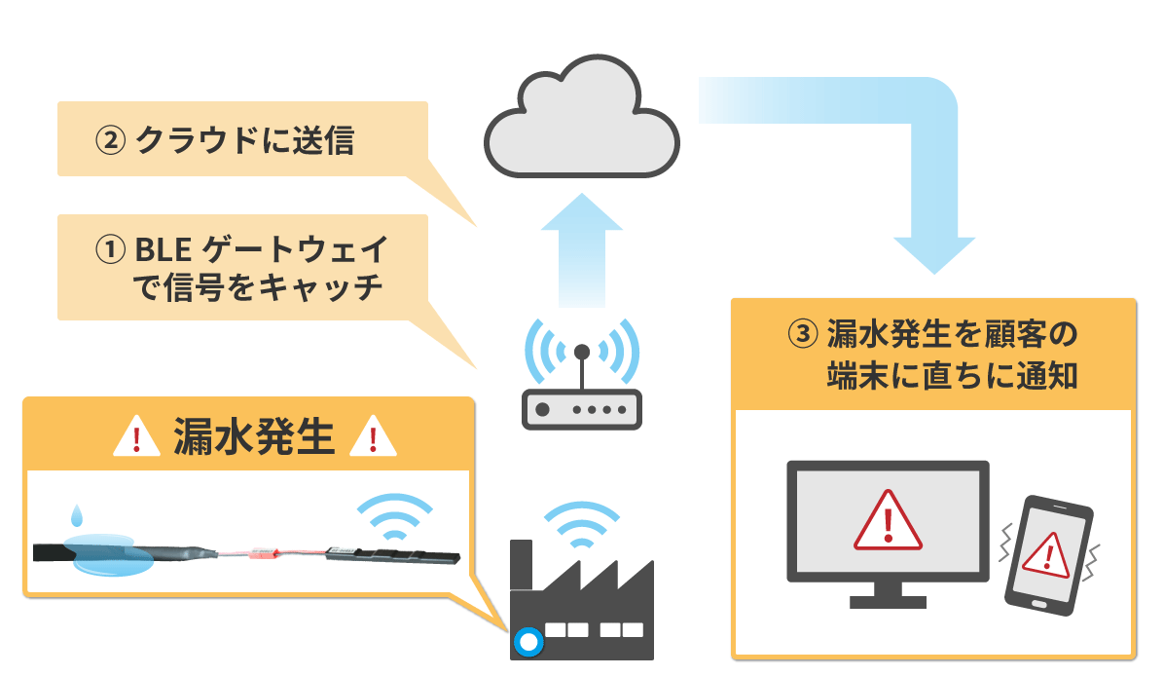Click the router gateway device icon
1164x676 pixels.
[x=582, y=409]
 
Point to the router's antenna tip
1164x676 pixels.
[x=582, y=351]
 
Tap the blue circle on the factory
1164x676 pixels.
[x=528, y=642]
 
